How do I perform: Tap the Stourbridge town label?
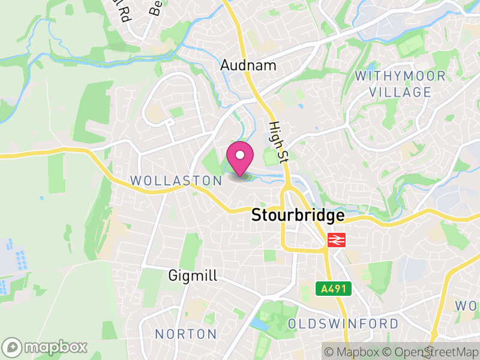(x=298, y=215)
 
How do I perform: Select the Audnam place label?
(x=248, y=65)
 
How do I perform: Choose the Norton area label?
(x=186, y=334)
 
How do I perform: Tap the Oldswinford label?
(x=343, y=324)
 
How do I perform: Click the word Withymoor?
(x=400, y=76)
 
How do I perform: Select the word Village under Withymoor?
(x=400, y=92)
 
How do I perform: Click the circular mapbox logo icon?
(x=13, y=347)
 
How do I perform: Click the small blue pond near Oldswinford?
(x=259, y=324)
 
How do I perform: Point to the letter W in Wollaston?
(x=136, y=181)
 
